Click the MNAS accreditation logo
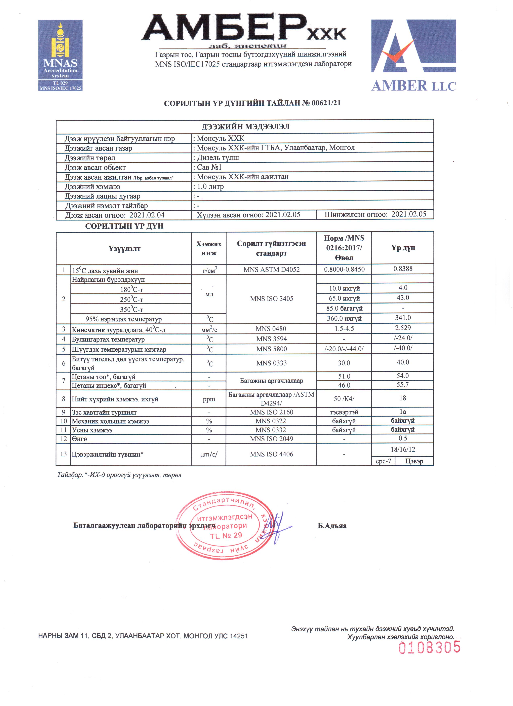point(60,55)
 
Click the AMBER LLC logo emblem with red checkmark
point(413,46)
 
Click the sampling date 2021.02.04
point(147,215)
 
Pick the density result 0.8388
point(403,269)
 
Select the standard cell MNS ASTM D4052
point(271,270)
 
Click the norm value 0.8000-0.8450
point(344,269)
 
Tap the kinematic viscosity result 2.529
point(403,328)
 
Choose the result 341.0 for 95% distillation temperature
point(403,318)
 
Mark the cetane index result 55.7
point(403,385)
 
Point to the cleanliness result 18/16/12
point(403,449)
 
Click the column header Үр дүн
point(403,248)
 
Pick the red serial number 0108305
point(429,647)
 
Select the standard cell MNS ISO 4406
point(271,454)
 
